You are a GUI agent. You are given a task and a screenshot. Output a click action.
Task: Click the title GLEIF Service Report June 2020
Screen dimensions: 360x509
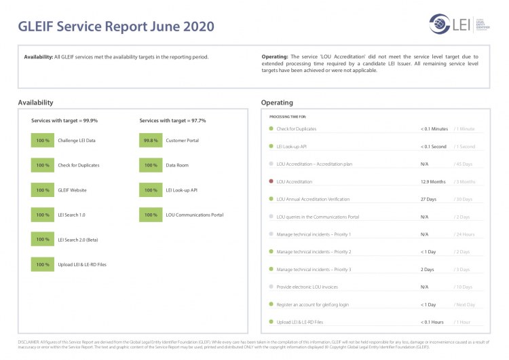(x=115, y=26)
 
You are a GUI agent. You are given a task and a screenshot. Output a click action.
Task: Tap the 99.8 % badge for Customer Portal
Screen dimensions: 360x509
(x=151, y=141)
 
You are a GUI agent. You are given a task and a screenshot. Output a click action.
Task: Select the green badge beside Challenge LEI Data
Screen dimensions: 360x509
(x=42, y=141)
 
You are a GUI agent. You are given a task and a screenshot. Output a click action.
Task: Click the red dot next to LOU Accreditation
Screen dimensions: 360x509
(x=271, y=182)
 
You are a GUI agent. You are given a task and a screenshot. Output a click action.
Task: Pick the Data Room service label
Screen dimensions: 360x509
(x=178, y=165)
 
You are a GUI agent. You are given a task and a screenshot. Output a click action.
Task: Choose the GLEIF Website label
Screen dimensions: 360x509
(x=72, y=190)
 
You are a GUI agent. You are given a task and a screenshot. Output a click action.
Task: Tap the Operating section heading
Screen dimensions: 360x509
(x=277, y=103)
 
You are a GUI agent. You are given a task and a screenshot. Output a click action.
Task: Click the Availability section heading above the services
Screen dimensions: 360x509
(x=35, y=103)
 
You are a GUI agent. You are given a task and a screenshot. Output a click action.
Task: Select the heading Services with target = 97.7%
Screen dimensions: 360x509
(x=172, y=120)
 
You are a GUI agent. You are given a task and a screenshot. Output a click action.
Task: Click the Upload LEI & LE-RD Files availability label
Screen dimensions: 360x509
(x=82, y=264)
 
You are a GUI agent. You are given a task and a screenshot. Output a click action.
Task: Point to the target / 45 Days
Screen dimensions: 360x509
(x=464, y=164)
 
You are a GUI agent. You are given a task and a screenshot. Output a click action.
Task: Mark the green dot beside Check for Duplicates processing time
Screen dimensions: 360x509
(x=271, y=129)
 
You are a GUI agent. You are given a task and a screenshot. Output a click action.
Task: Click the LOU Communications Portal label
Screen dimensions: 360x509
(x=194, y=215)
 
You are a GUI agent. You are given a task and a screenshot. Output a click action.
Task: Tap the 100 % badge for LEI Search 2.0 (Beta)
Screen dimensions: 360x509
(x=42, y=240)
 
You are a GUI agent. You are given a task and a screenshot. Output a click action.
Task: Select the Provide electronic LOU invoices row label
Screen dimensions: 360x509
(x=308, y=287)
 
